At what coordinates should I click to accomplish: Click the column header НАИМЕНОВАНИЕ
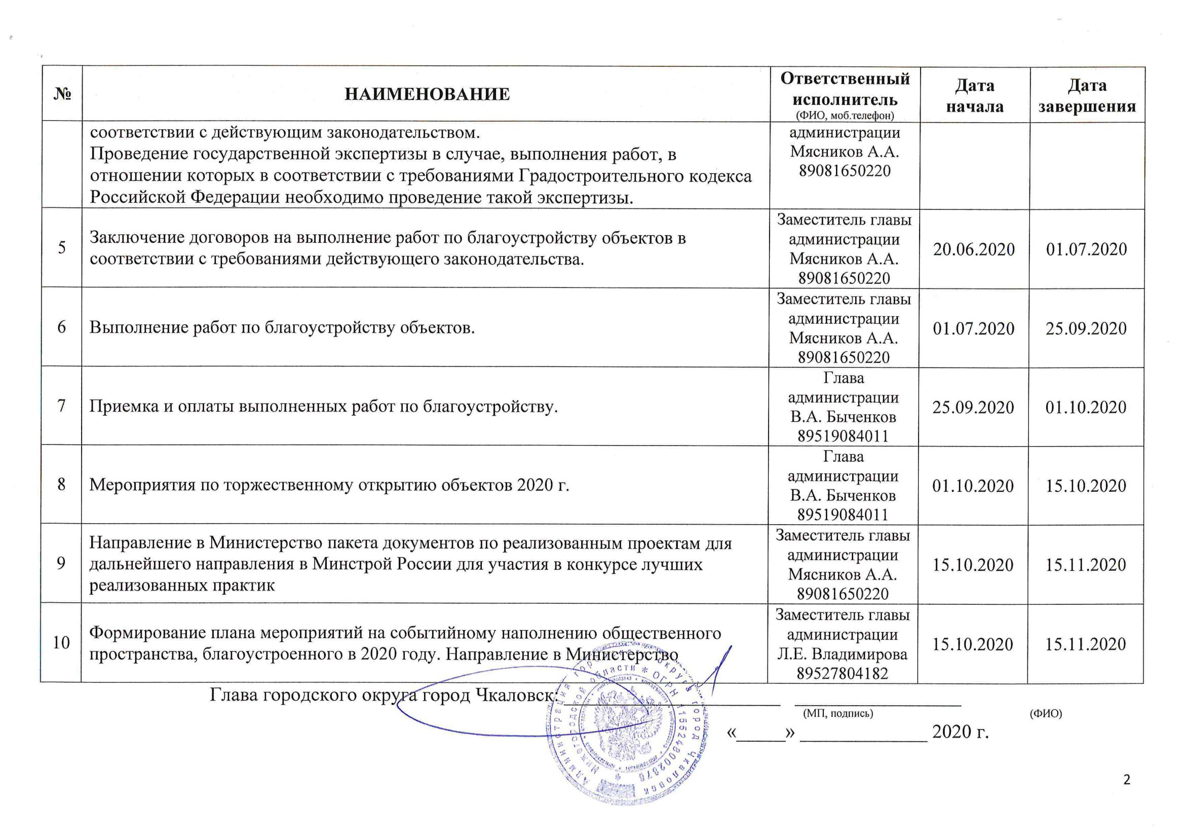coord(427,94)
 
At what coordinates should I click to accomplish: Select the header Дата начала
coord(974,95)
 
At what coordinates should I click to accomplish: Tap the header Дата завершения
coord(1086,95)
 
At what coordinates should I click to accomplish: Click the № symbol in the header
coord(62,94)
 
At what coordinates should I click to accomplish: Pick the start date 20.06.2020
coord(973,249)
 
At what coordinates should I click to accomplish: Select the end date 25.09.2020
coord(1086,329)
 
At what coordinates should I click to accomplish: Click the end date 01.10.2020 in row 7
coord(1085,408)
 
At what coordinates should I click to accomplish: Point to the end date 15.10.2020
coord(1085,486)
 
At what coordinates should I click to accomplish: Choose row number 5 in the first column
coord(62,248)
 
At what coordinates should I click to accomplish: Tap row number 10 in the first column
coord(61,643)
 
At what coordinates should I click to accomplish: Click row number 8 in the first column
coord(61,485)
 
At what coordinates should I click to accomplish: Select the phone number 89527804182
coord(843,673)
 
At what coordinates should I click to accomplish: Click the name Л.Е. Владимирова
coord(843,654)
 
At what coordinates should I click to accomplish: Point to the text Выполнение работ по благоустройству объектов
coord(282,327)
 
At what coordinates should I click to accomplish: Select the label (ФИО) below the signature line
coord(1046,714)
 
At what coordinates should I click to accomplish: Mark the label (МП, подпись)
coord(837,714)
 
